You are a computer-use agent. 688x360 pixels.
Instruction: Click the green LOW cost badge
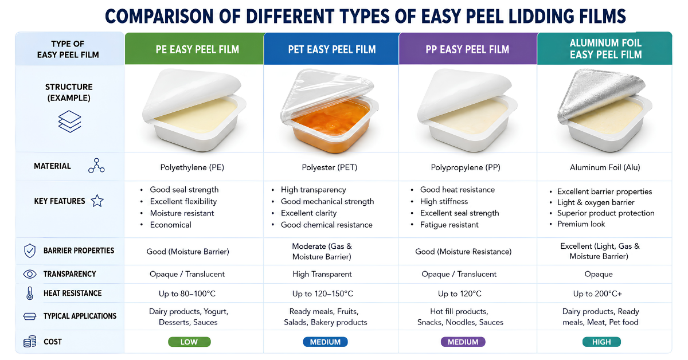189,342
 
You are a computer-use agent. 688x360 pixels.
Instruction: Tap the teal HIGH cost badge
601,342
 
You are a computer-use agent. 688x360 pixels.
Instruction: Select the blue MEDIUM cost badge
325,342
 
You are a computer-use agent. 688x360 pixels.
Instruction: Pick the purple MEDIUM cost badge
463,342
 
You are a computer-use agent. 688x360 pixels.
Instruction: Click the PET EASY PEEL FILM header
332,49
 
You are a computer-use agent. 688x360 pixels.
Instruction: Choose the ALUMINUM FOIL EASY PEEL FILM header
605,49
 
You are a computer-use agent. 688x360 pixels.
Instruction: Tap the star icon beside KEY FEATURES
97,201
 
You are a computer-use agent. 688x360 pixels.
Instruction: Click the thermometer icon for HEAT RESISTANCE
30,294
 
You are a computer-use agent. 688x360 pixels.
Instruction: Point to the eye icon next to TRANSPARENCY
30,274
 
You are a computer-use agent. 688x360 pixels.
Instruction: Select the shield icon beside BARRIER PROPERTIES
30,251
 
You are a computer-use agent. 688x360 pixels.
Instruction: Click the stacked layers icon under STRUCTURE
70,122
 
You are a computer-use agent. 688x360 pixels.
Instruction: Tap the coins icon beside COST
30,342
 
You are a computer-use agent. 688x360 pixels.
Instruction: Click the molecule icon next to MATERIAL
96,166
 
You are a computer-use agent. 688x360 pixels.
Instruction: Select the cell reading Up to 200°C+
597,294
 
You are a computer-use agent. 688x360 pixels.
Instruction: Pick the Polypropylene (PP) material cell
466,167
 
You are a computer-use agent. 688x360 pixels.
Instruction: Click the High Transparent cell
322,274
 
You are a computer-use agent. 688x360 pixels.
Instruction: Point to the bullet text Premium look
581,224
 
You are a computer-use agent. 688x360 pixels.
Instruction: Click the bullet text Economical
171,225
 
